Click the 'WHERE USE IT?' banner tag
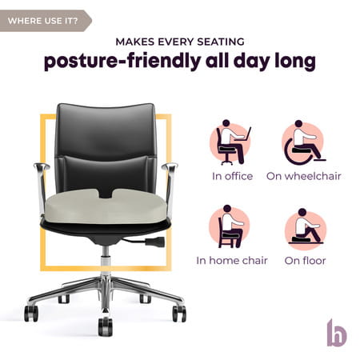pos(44,21)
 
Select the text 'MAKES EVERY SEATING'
pos(180,41)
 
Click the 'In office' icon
pos(232,142)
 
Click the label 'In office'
pos(232,176)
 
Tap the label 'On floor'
pos(305,261)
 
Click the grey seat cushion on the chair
pos(105,209)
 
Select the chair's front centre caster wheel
pos(105,326)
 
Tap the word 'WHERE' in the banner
pos(24,21)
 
